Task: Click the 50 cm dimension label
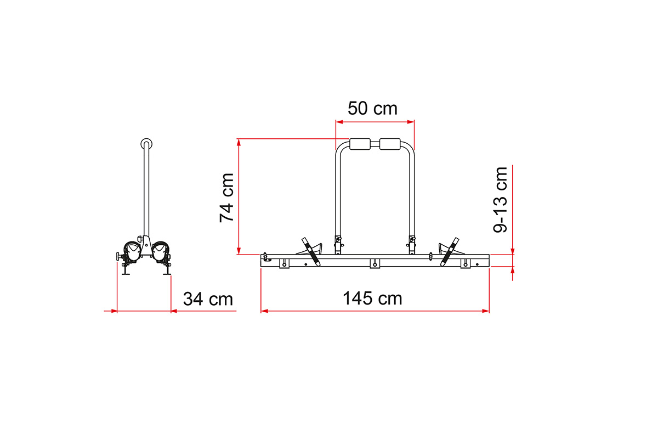[372, 109]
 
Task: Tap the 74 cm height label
[227, 198]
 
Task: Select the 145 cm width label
[372, 299]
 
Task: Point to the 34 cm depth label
[208, 299]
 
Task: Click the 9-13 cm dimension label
[500, 200]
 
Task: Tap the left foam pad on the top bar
[360, 144]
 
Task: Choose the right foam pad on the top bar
[390, 144]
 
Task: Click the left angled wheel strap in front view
[311, 252]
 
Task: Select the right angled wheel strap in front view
[450, 252]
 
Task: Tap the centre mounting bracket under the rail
[375, 263]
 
